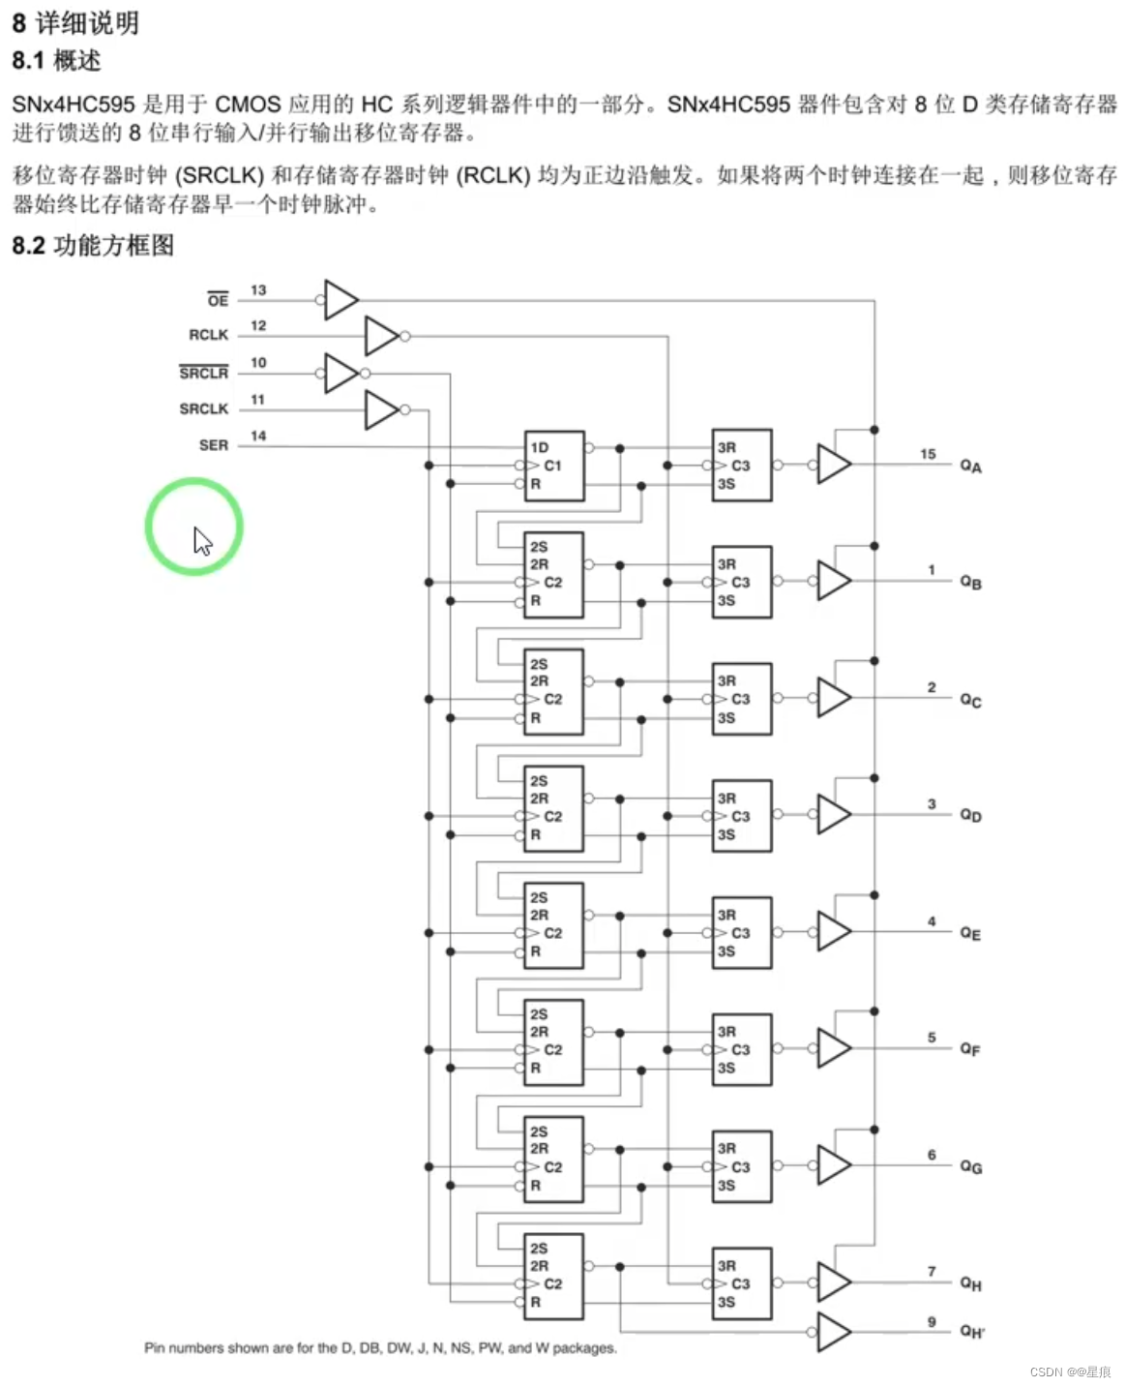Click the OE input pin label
click(x=218, y=300)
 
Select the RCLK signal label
click(x=208, y=335)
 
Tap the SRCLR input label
click(x=203, y=373)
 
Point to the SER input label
click(x=214, y=445)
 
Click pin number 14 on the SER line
click(x=258, y=436)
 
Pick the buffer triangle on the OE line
click(x=341, y=300)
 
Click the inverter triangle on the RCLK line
click(x=381, y=336)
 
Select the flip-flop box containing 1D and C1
click(x=554, y=466)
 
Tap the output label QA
click(x=970, y=467)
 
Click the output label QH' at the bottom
click(x=972, y=1332)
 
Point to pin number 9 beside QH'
click(x=932, y=1321)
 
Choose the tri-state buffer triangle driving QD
click(x=833, y=815)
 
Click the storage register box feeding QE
click(x=742, y=933)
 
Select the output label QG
click(x=970, y=1167)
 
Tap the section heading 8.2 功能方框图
click(x=93, y=246)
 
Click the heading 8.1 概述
click(x=56, y=61)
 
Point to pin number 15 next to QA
click(x=928, y=454)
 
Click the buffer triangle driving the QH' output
click(x=833, y=1332)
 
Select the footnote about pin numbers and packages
click(x=380, y=1347)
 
